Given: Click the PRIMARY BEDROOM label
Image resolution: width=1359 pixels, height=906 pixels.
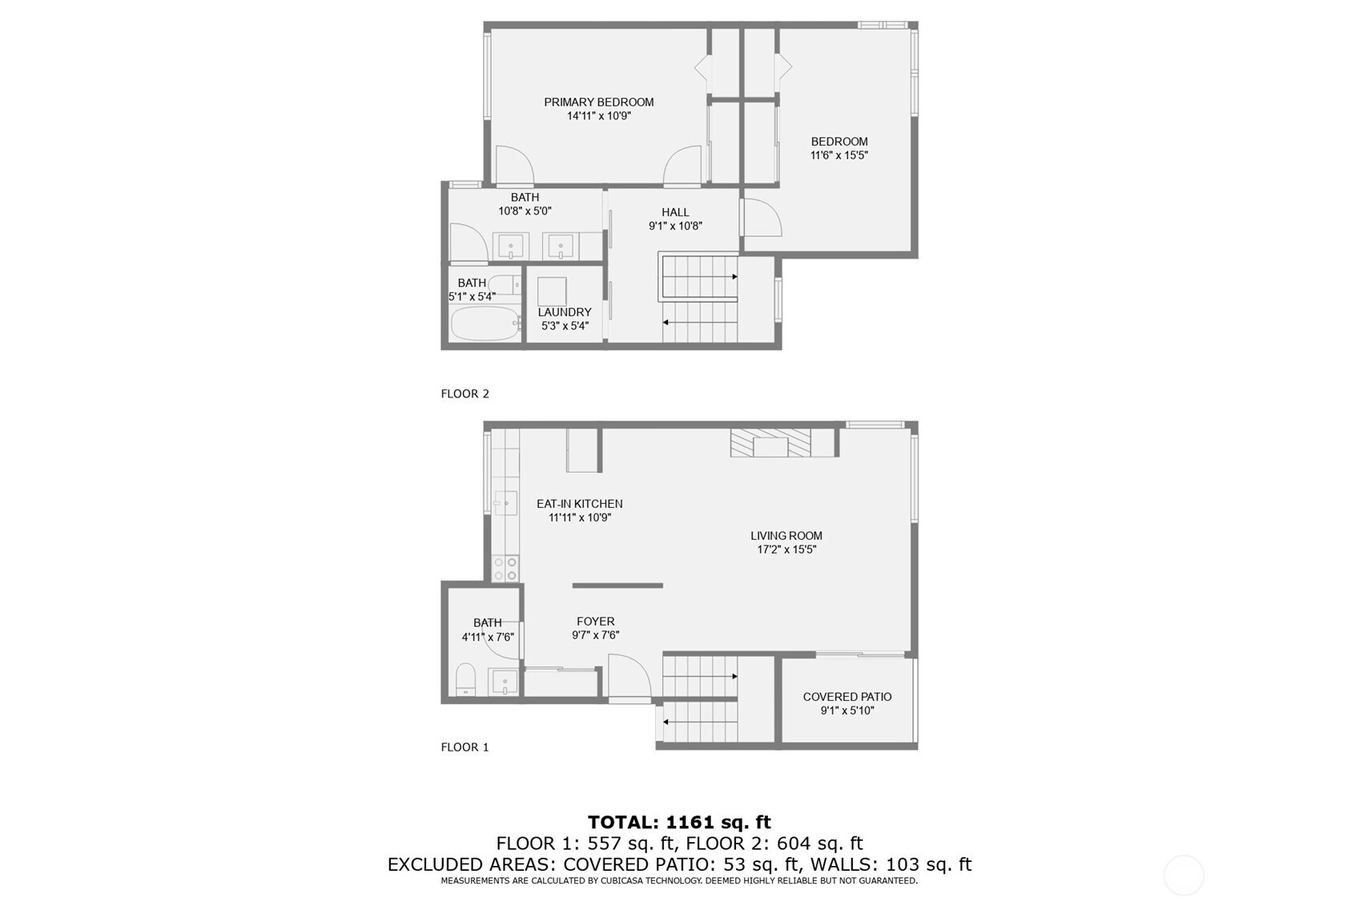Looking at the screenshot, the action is point(599,102).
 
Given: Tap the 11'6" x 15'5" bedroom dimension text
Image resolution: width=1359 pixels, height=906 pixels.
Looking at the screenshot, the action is point(839,155).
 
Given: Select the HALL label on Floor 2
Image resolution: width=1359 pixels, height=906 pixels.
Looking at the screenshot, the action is point(675,212).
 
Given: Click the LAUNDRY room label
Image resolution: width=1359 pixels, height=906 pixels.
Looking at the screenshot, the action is point(565,312).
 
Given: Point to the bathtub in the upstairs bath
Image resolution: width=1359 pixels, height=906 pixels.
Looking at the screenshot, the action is point(485,323).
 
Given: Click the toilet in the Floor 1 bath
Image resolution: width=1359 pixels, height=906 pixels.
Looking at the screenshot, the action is point(466,679).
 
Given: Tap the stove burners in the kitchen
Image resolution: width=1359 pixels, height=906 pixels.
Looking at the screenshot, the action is point(505,569).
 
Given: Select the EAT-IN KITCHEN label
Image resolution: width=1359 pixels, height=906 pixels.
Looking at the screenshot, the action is point(579,504).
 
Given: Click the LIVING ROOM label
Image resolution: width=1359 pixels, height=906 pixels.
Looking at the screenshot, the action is point(786,536).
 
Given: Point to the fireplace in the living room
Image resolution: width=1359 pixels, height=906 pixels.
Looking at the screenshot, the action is point(770,443).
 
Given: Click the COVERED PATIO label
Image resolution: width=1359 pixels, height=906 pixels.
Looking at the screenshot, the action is point(847,697).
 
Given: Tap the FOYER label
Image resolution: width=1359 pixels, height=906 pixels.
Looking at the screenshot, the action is point(595,622).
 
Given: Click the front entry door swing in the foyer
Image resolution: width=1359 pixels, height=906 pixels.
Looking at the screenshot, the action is point(629,676).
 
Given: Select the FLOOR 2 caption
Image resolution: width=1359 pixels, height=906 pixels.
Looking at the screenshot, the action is point(464,394).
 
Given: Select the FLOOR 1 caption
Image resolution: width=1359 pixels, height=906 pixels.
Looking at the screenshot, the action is point(464,747).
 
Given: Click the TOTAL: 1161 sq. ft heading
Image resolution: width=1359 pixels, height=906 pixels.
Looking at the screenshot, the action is point(679,822).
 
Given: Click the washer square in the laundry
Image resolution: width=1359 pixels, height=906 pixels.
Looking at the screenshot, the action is point(552,292).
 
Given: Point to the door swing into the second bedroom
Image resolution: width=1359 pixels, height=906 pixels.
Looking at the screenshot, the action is point(762,217).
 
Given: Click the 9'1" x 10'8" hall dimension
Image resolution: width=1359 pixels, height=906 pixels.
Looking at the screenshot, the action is point(675,227).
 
